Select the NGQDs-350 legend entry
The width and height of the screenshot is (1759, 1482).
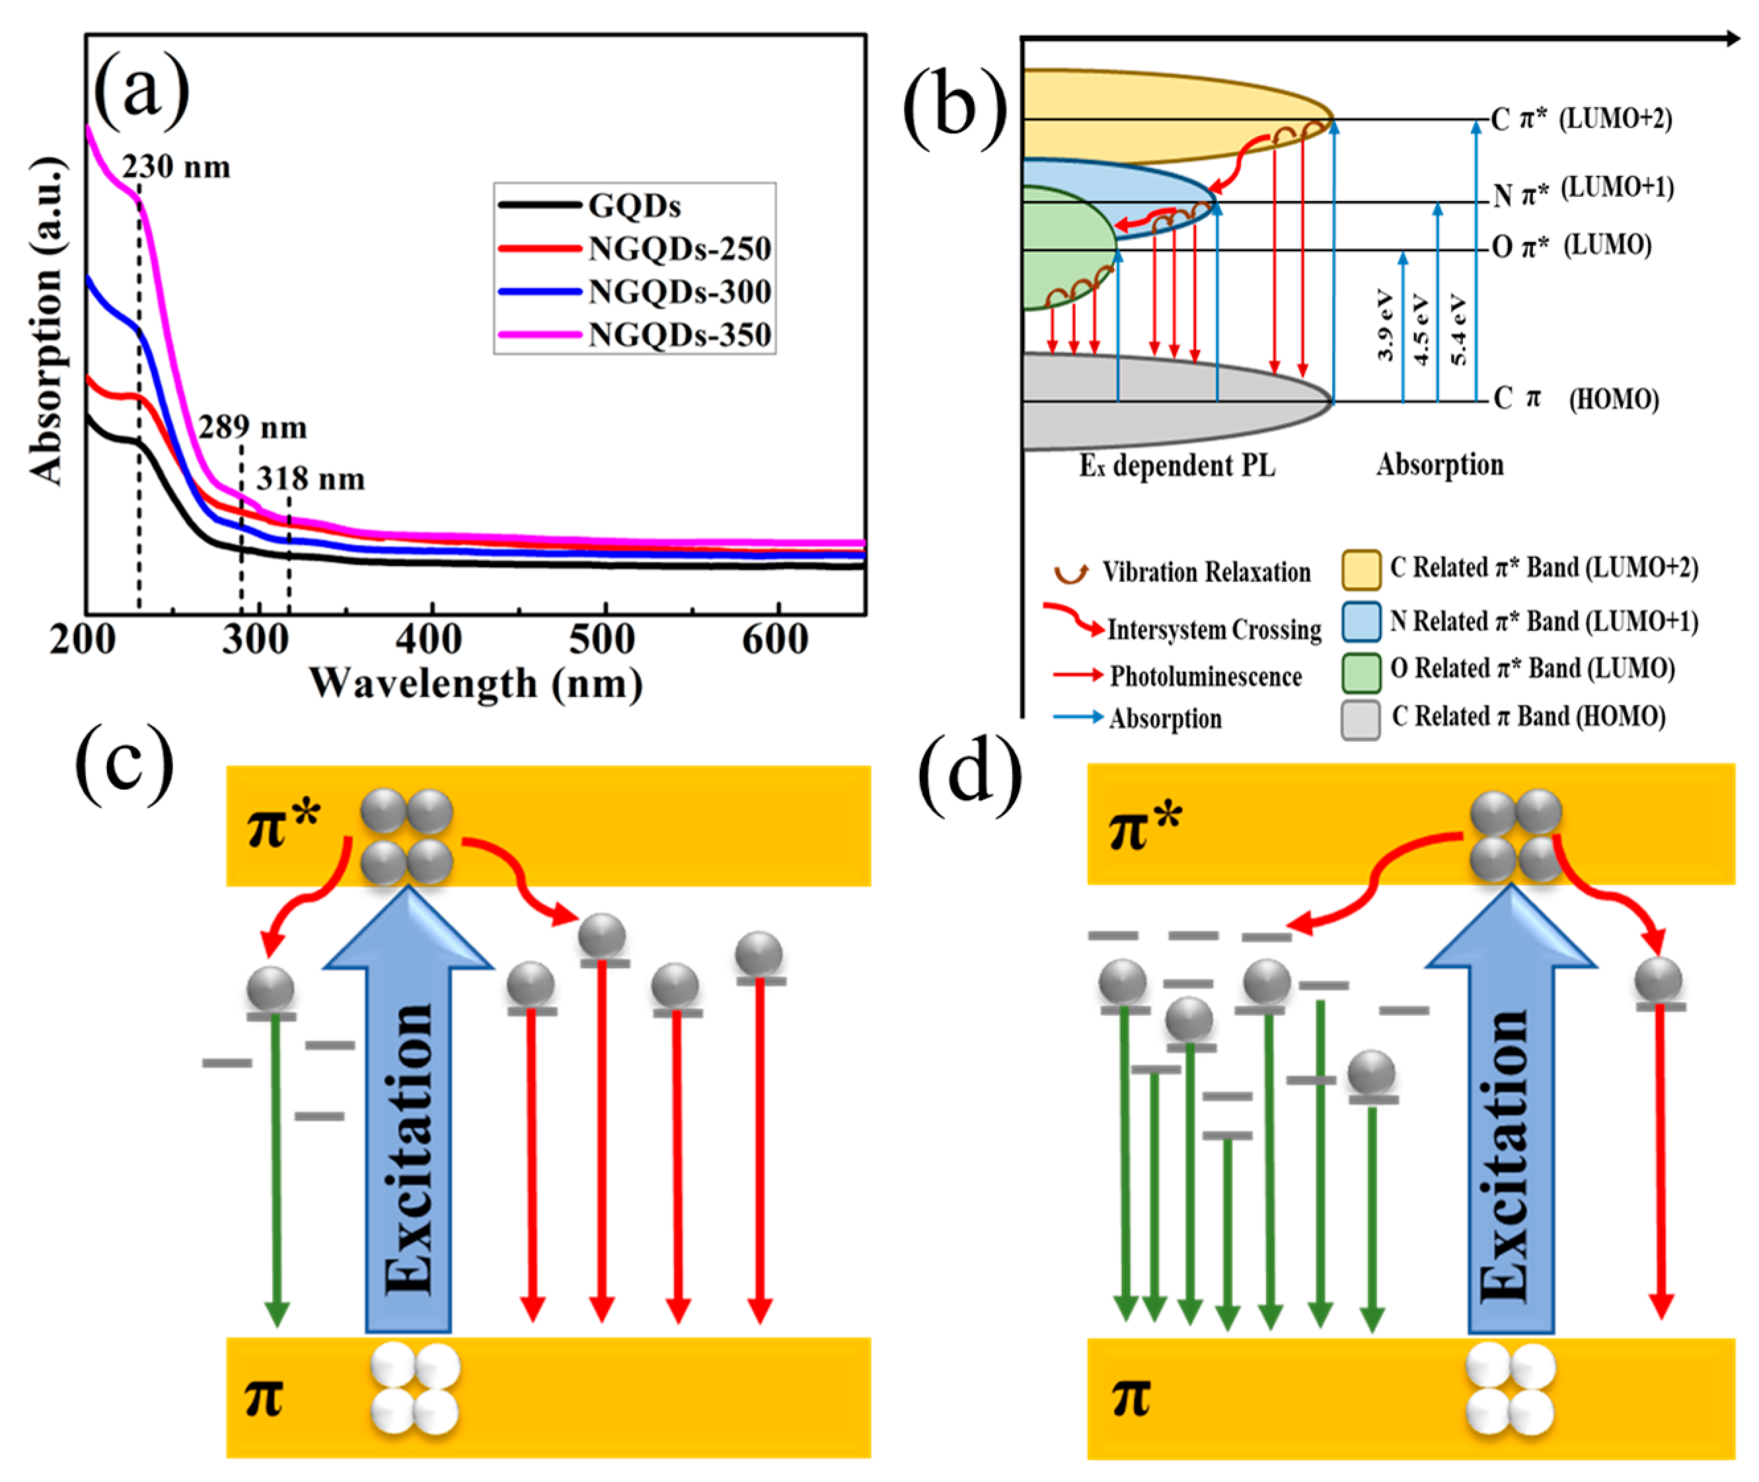pyautogui.click(x=679, y=334)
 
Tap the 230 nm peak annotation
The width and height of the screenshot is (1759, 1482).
pyautogui.click(x=176, y=167)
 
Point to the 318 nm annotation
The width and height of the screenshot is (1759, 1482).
pyautogui.click(x=310, y=479)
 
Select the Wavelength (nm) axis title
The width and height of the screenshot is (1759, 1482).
pyautogui.click(x=476, y=683)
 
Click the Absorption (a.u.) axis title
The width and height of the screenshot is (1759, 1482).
pyautogui.click(x=46, y=324)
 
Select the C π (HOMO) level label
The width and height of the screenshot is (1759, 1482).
pyautogui.click(x=1575, y=399)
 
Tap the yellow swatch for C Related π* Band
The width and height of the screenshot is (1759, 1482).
pyautogui.click(x=1361, y=570)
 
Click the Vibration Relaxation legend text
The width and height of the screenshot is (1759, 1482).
pyautogui.click(x=1205, y=572)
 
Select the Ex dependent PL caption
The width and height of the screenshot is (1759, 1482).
pyautogui.click(x=1177, y=465)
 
